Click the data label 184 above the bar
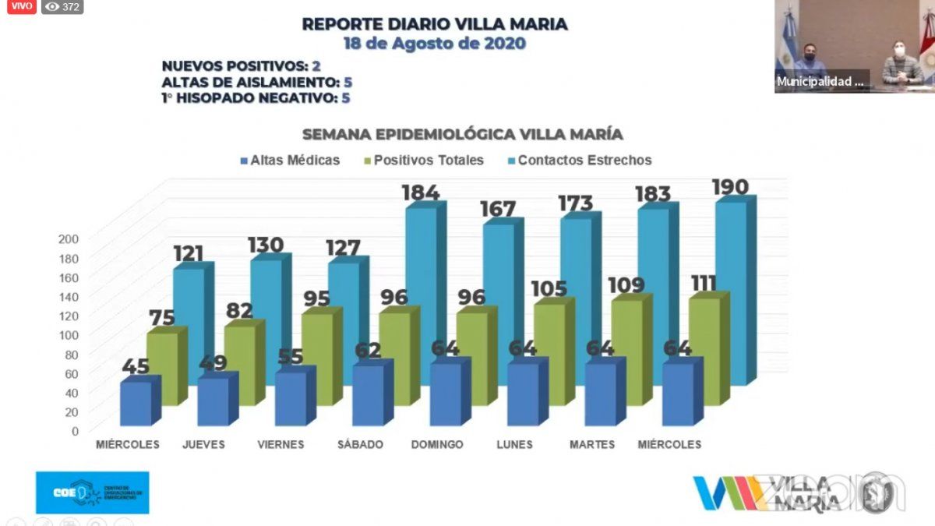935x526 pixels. click(421, 192)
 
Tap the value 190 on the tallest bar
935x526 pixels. click(730, 187)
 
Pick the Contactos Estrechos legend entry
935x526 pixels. click(577, 160)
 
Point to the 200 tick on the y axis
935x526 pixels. click(69, 239)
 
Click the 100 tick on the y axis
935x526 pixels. click(69, 335)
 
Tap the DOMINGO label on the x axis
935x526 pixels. click(437, 444)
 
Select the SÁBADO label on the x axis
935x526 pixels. click(360, 444)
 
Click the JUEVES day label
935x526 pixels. click(203, 444)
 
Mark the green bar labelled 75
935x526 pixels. click(162, 366)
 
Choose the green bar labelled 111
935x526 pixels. click(704, 351)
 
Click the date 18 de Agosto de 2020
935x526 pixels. click(435, 44)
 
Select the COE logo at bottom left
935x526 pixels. click(92, 492)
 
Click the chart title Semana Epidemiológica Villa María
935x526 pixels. click(463, 134)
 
